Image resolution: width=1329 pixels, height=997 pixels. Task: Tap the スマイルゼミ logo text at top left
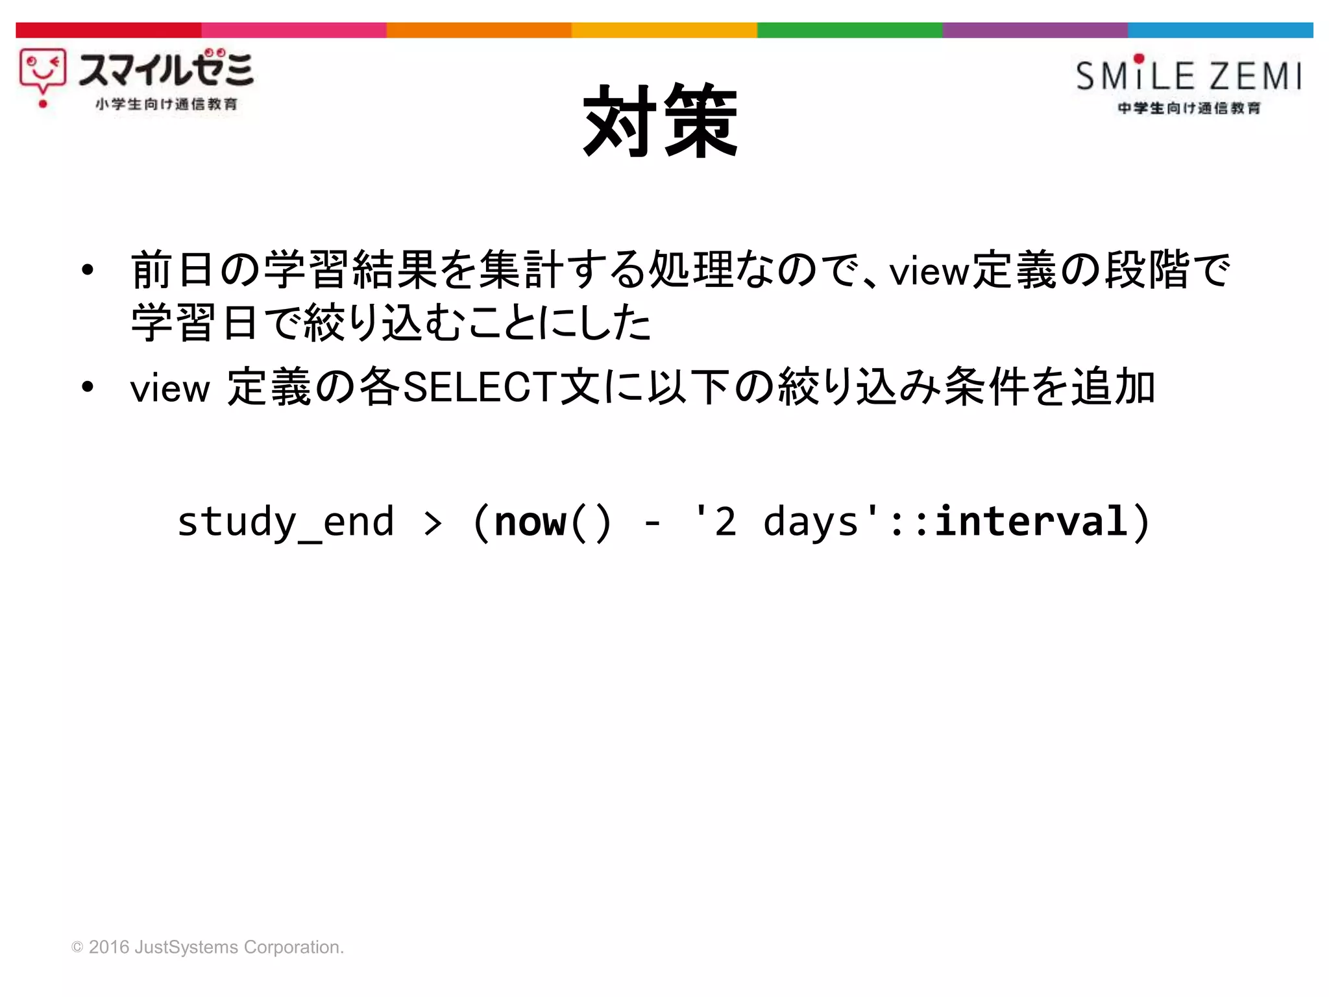pyautogui.click(x=165, y=69)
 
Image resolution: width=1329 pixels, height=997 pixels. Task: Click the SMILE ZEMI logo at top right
pyautogui.click(x=1188, y=75)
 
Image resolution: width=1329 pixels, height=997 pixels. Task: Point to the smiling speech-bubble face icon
pyautogui.click(x=42, y=73)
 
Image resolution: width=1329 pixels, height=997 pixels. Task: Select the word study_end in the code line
pyautogui.click(x=286, y=522)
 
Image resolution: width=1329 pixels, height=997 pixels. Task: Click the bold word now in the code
pyautogui.click(x=530, y=522)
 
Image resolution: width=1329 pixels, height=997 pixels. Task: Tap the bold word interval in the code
pyautogui.click(x=1031, y=522)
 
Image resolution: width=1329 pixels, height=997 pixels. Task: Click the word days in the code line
pyautogui.click(x=811, y=522)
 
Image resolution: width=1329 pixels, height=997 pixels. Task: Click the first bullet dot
pyautogui.click(x=88, y=270)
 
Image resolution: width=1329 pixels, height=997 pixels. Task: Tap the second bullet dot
pyautogui.click(x=88, y=388)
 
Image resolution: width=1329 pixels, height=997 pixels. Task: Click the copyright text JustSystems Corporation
pyautogui.click(x=239, y=947)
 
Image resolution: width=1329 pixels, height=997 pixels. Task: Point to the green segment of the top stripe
pyautogui.click(x=849, y=30)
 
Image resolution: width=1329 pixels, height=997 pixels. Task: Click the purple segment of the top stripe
pyautogui.click(x=1034, y=30)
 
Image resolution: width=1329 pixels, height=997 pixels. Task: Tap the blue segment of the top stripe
pyautogui.click(x=1220, y=30)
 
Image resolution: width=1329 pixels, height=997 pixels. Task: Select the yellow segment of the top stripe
pyautogui.click(x=664, y=30)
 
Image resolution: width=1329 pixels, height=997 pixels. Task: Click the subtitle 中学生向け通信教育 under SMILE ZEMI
pyautogui.click(x=1189, y=108)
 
